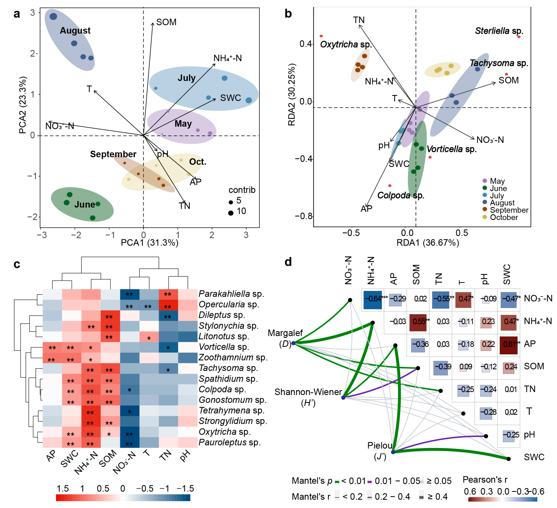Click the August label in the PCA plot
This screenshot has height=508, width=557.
(x=75, y=31)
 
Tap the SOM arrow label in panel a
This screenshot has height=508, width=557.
(x=166, y=22)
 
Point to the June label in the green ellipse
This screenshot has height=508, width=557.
(x=85, y=205)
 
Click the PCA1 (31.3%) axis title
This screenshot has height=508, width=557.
(x=150, y=243)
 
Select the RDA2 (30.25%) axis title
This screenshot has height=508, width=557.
(x=292, y=95)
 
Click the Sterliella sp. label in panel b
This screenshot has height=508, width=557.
(x=499, y=31)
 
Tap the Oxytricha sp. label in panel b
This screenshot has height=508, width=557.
(x=346, y=44)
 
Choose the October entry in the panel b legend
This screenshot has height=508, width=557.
(x=504, y=217)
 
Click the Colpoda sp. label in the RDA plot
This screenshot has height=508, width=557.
(x=401, y=195)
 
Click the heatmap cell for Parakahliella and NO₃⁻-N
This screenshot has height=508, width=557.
(x=130, y=294)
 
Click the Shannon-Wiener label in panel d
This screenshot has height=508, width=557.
(x=308, y=392)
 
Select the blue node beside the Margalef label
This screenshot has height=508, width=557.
(x=293, y=343)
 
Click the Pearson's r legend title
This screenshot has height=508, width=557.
(x=485, y=479)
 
